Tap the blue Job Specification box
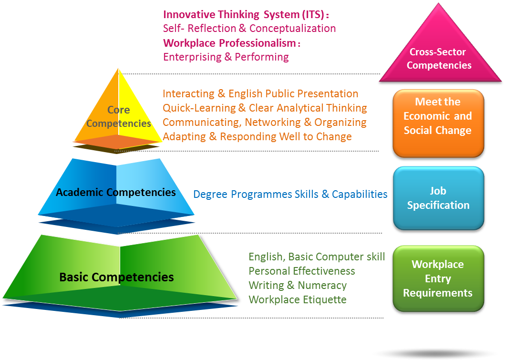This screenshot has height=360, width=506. [x=438, y=198]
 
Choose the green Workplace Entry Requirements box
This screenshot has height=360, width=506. [x=438, y=278]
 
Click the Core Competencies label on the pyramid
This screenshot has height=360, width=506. [x=118, y=117]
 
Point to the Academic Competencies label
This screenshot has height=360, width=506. [x=115, y=193]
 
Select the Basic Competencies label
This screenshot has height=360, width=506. [x=116, y=277]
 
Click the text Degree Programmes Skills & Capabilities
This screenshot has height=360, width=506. [x=290, y=194]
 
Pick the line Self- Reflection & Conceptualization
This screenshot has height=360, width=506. [x=249, y=28]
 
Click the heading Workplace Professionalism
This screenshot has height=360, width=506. [x=232, y=42]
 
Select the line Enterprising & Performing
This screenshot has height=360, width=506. [x=226, y=57]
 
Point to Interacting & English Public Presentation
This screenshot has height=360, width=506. [x=260, y=93]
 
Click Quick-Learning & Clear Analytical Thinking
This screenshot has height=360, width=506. [x=265, y=108]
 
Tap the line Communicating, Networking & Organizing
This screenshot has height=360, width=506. [x=265, y=122]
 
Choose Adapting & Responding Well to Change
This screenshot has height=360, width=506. [x=257, y=136]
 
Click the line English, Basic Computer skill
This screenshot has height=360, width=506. [x=317, y=257]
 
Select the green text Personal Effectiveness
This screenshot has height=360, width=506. [x=301, y=271]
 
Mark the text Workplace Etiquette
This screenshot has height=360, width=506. [x=297, y=299]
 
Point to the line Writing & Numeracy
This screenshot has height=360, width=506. [x=297, y=285]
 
